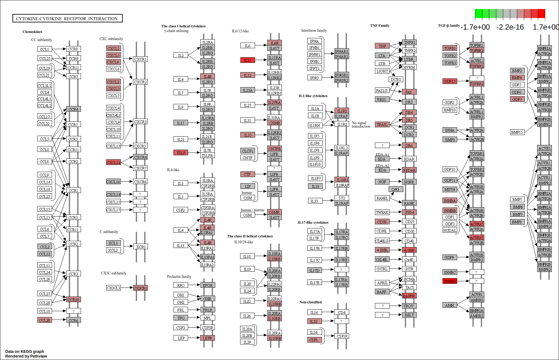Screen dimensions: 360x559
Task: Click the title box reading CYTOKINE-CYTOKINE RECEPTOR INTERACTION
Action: (x=67, y=18)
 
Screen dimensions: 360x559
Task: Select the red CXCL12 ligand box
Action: (x=113, y=162)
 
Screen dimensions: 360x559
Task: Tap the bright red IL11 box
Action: (x=248, y=60)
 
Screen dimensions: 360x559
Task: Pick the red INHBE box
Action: (x=450, y=281)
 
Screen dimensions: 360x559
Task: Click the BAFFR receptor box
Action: (x=409, y=296)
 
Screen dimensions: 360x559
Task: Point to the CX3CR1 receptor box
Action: (x=140, y=288)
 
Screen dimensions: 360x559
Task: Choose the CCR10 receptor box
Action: (x=73, y=299)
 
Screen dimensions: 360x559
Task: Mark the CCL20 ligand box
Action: (x=45, y=320)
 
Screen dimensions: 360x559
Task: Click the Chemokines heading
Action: (x=32, y=32)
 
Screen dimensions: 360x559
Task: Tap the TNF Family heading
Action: (x=380, y=26)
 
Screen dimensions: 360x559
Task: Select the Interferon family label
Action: (x=314, y=30)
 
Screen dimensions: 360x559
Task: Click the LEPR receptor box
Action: (x=207, y=338)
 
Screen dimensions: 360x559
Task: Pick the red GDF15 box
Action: (x=450, y=81)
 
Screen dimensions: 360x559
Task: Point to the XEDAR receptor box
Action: (x=409, y=170)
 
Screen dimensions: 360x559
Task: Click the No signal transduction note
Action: (x=361, y=124)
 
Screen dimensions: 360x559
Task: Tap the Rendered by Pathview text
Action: (x=26, y=356)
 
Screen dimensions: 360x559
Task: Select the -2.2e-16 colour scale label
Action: (x=510, y=27)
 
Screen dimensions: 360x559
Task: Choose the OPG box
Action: (x=396, y=189)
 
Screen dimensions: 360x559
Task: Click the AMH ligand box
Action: (x=450, y=305)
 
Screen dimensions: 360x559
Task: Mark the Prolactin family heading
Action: (x=179, y=276)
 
